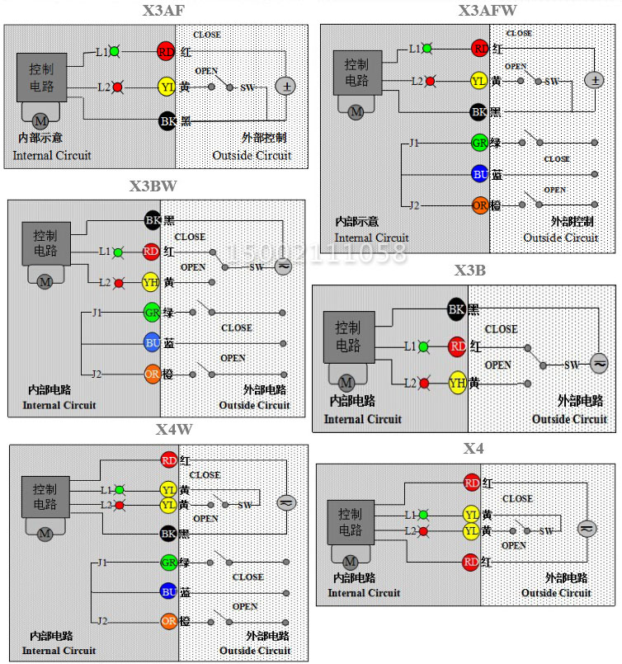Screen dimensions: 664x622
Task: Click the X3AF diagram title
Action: point(163,12)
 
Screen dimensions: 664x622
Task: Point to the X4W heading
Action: point(174,429)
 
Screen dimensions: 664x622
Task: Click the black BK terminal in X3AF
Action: point(167,121)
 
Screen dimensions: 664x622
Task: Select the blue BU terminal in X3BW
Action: point(153,342)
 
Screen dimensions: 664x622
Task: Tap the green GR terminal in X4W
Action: point(169,563)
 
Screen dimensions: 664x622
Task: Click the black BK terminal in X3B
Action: point(457,310)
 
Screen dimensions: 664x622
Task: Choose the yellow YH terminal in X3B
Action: point(458,382)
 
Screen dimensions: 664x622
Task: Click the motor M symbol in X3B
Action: point(346,383)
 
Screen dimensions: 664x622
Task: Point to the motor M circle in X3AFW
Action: point(356,112)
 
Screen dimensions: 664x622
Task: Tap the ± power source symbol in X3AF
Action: point(285,87)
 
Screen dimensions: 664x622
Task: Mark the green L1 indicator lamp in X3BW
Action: point(118,252)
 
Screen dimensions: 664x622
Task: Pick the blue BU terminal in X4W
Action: point(169,591)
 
